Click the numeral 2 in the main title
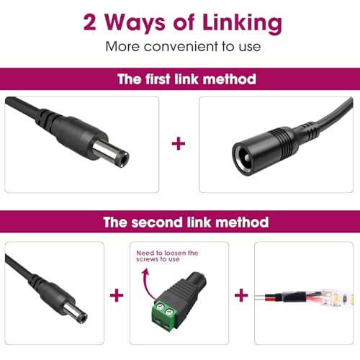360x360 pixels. coord(90,22)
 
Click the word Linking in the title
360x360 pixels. coord(242,24)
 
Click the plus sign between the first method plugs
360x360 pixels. coord(179,143)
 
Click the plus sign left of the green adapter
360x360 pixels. coord(117,295)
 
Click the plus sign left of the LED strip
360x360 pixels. coord(241,295)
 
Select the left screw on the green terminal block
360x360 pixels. coord(159,307)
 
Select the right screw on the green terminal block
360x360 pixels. coord(169,312)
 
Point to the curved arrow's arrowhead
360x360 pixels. coord(145,272)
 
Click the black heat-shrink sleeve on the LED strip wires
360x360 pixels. coord(294,296)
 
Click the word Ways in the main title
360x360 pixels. coord(135,24)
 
